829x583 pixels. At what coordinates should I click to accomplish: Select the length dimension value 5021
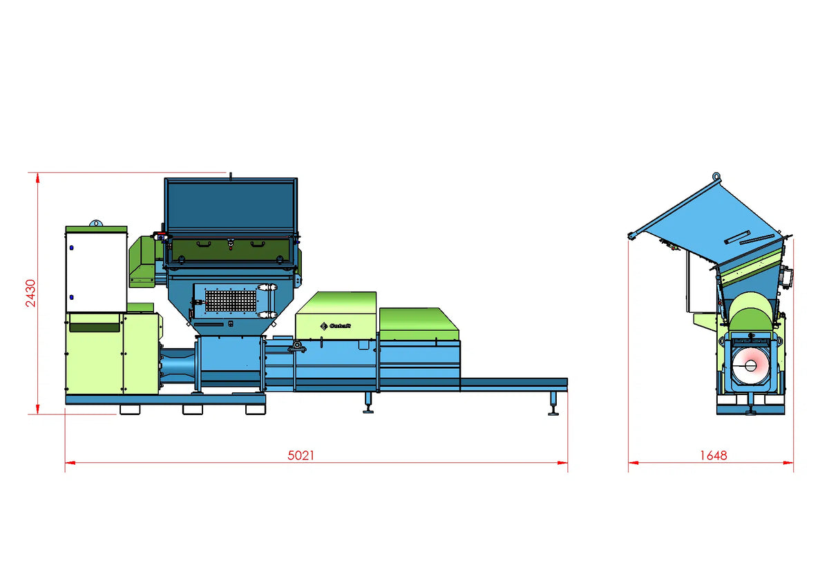(x=301, y=455)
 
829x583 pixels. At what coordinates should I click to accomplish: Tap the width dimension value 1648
(x=713, y=455)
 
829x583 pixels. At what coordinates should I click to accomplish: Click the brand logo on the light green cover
(x=332, y=325)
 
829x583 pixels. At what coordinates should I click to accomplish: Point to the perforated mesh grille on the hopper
(x=231, y=300)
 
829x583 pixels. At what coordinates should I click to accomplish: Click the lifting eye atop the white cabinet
(x=96, y=222)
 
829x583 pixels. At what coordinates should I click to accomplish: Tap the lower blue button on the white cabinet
(x=70, y=298)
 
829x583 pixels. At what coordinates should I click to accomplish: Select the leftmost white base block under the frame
(x=130, y=410)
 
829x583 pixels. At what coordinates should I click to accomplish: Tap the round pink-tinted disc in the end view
(x=750, y=365)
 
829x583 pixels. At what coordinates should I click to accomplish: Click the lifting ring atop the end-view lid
(x=716, y=177)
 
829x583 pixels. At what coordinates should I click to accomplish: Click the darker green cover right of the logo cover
(x=419, y=324)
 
